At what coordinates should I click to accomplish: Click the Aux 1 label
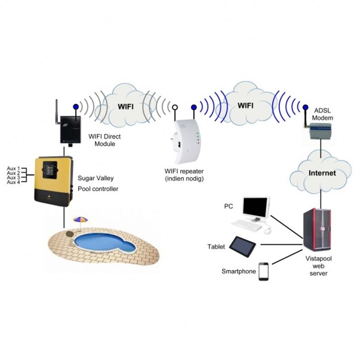point(13,168)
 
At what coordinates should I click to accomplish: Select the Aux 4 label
point(13,182)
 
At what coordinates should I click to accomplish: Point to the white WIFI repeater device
point(185,140)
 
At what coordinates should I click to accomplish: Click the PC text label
point(229,207)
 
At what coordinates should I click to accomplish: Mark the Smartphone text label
point(239,272)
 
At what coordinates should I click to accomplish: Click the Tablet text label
point(216,247)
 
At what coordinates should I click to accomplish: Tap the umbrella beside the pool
point(81,219)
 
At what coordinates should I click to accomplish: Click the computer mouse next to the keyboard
point(267,231)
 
